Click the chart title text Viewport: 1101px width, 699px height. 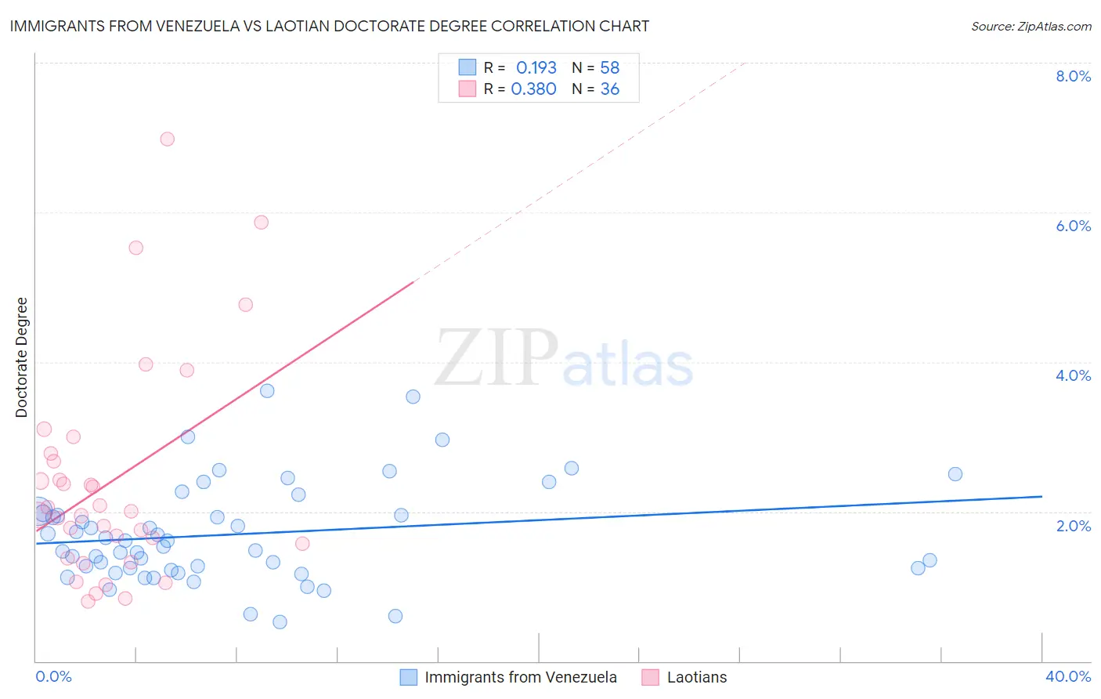(x=329, y=26)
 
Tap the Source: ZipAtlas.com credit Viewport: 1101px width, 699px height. (x=1031, y=26)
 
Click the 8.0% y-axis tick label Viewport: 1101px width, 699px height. (x=1073, y=76)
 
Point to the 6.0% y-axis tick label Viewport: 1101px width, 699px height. (x=1073, y=226)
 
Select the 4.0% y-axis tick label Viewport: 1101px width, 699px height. (x=1073, y=375)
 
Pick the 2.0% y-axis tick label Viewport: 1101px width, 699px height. (x=1073, y=526)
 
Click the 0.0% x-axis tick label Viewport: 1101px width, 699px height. (x=53, y=676)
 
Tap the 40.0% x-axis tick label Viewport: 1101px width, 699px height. (x=1067, y=676)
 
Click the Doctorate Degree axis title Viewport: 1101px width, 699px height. (x=22, y=357)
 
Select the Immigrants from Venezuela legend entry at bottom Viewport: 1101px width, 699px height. (x=520, y=677)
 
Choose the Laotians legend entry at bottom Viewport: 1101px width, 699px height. (x=696, y=677)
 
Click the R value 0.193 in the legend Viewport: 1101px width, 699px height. (x=536, y=68)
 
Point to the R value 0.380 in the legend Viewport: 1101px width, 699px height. (x=533, y=89)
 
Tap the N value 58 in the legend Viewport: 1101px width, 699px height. (x=609, y=68)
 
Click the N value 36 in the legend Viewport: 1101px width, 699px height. (x=609, y=89)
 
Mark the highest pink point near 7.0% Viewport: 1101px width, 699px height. (x=167, y=139)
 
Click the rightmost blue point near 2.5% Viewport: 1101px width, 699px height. (x=955, y=474)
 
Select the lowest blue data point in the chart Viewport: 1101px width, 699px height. (x=280, y=622)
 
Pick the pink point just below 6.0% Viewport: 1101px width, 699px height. (x=262, y=223)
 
